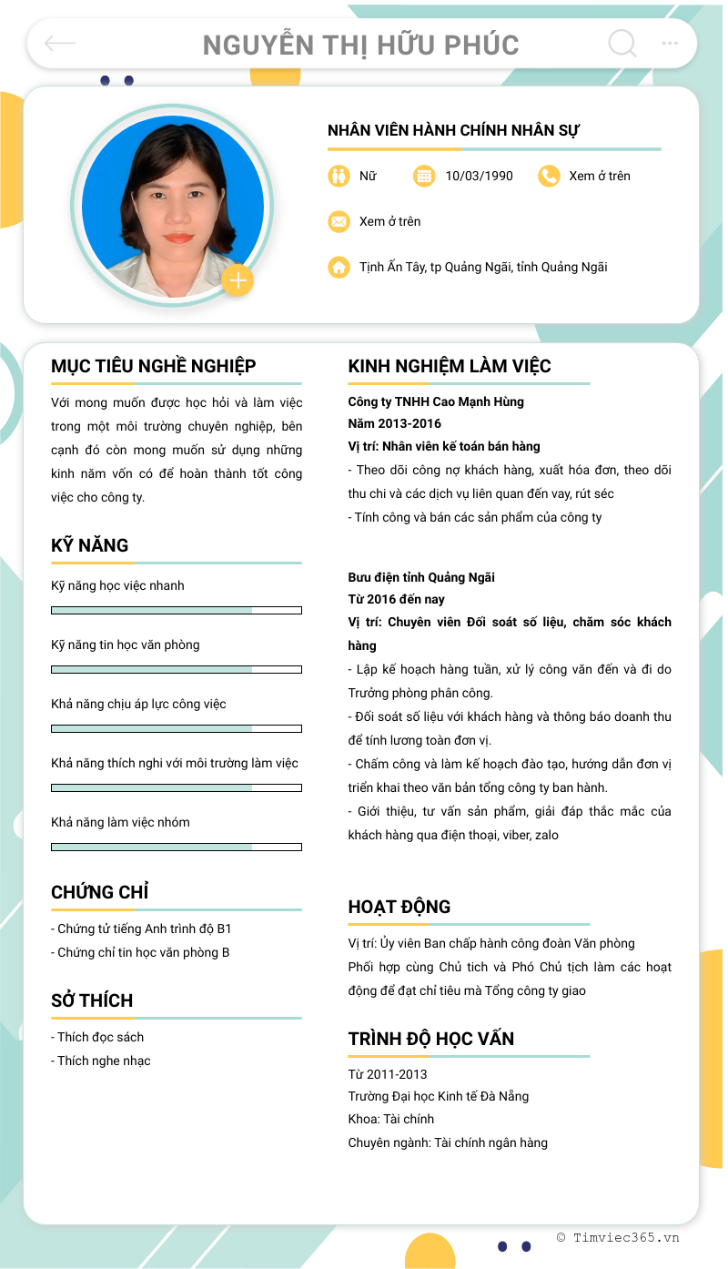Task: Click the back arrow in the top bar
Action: tap(60, 43)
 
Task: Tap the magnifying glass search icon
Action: tap(622, 43)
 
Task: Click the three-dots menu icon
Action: tap(670, 43)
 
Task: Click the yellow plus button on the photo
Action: tap(238, 280)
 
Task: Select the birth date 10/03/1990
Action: tap(479, 176)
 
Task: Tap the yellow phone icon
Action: tap(549, 176)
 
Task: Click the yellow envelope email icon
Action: tap(339, 221)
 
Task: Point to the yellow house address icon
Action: tap(339, 267)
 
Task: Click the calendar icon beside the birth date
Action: tap(424, 176)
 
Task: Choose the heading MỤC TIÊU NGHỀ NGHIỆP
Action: tap(154, 366)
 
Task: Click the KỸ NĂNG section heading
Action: tap(90, 545)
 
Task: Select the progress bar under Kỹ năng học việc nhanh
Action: tap(177, 610)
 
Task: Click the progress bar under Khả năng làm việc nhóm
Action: tap(177, 847)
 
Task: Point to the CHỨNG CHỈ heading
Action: tap(100, 892)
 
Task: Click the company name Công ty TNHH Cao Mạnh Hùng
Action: tap(436, 401)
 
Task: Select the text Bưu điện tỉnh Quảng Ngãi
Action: tap(421, 577)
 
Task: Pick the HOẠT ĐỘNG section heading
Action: tap(399, 907)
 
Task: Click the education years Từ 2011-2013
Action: tap(388, 1074)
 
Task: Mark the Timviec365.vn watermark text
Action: tap(618, 1237)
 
